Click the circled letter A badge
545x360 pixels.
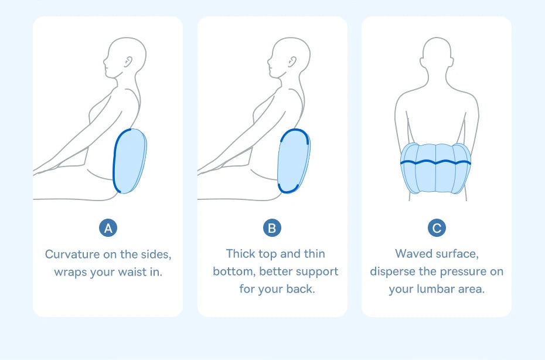108,228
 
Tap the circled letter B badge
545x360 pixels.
272,228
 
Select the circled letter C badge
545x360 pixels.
437,228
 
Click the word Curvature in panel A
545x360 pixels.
73,254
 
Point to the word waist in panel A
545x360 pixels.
132,271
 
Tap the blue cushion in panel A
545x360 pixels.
130,161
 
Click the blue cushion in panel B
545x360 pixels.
294,161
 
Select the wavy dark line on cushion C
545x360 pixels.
435,162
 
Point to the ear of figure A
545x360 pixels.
128,62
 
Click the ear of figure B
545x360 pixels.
292,62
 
